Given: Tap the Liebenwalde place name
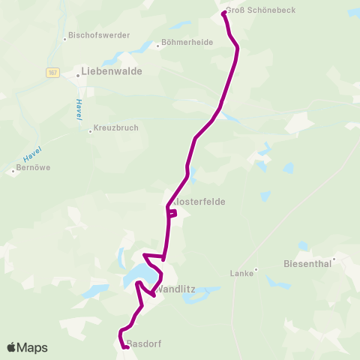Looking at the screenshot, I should (112, 73).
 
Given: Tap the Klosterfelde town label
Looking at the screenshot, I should (199, 202).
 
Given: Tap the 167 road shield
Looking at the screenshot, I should (52, 73).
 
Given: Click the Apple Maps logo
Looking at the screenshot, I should (27, 347).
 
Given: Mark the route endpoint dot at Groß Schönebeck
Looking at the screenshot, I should (224, 13).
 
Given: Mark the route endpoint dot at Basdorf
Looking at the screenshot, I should (127, 346).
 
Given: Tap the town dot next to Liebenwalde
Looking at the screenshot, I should (78, 74).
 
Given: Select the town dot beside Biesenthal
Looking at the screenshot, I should (334, 259).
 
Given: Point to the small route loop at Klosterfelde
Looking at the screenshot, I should (172, 214).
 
